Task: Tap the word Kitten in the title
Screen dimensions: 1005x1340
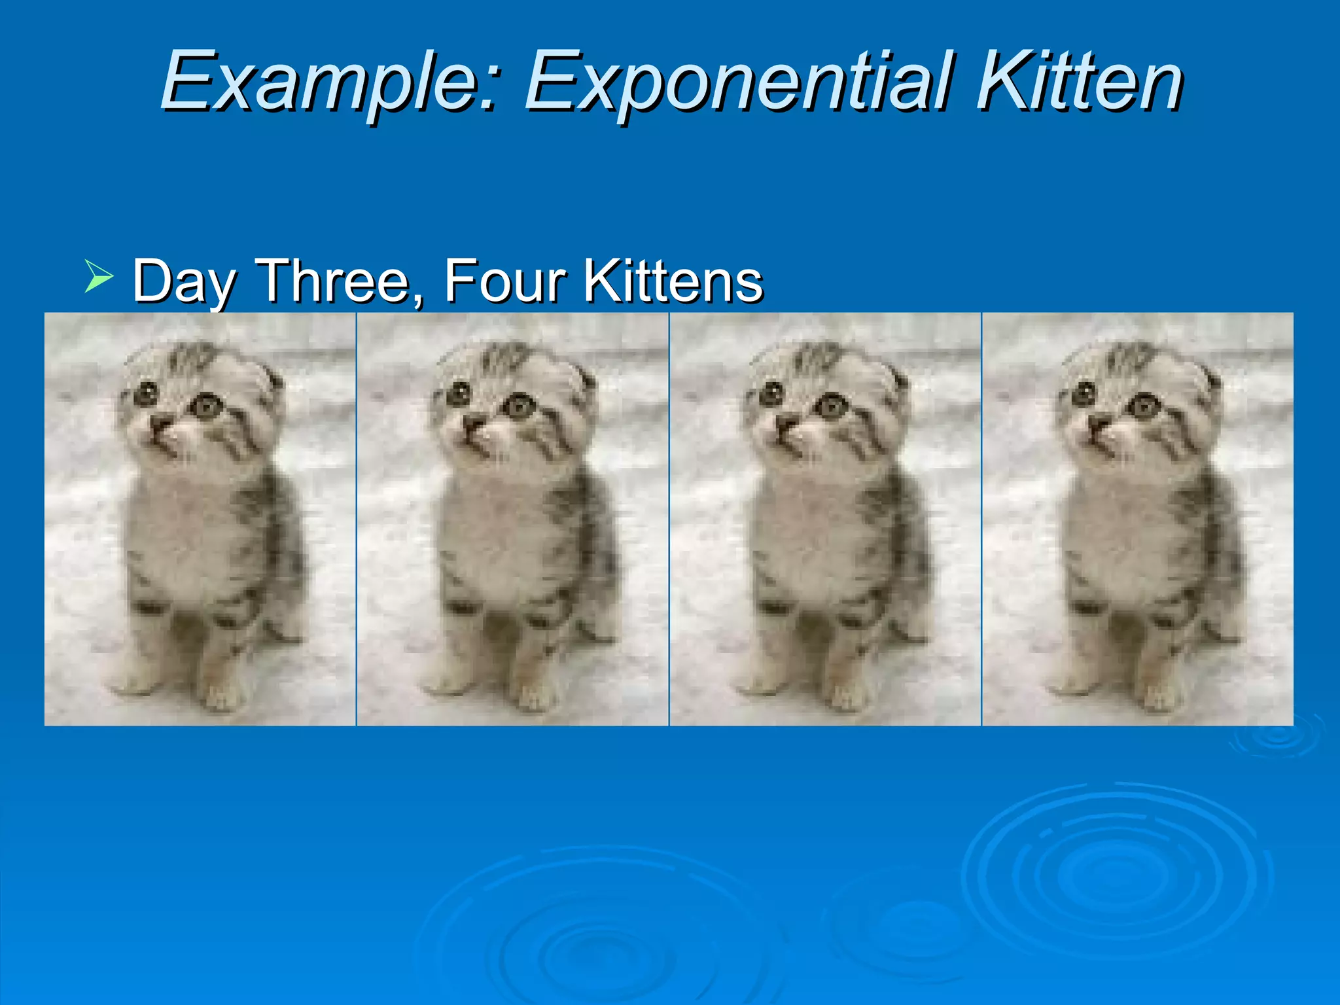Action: tap(1080, 82)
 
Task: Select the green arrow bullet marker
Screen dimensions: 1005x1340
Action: tap(98, 275)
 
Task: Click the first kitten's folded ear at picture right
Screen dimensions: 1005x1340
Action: tap(272, 379)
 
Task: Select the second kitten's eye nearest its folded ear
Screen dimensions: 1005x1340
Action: tap(520, 406)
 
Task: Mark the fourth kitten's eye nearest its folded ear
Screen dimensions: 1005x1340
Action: tap(1145, 406)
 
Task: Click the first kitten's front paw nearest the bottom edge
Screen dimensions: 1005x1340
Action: tap(221, 699)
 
